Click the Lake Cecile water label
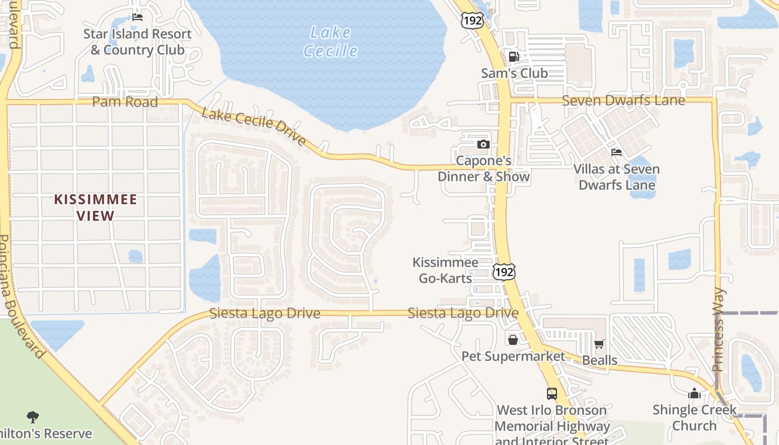point(331,42)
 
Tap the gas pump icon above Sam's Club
point(514,56)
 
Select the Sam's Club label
point(514,73)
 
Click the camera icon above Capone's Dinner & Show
point(483,145)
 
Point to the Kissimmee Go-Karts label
point(445,270)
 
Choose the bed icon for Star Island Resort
point(137,17)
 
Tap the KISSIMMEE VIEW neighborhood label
point(95,207)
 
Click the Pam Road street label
point(125,102)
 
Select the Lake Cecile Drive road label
point(254,127)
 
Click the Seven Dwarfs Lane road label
point(623,101)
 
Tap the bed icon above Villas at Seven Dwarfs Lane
point(616,152)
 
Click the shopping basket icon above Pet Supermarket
point(512,339)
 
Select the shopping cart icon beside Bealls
point(599,344)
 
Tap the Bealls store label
point(599,360)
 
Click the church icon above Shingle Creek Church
point(694,394)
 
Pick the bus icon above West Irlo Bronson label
point(551,394)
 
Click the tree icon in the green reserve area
point(33,417)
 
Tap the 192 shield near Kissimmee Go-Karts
point(504,272)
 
